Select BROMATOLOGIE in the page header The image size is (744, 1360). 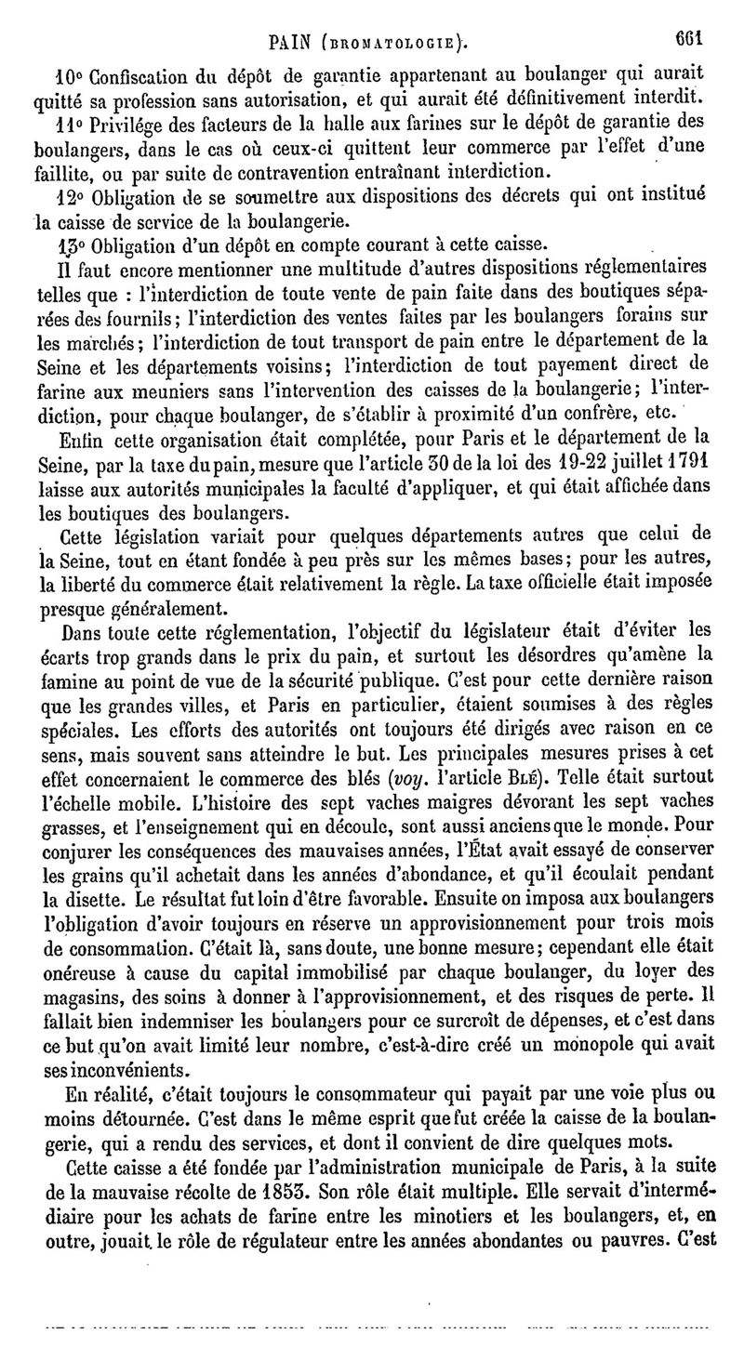coord(390,42)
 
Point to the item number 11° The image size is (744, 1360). coord(67,125)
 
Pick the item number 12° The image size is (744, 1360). coord(68,197)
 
